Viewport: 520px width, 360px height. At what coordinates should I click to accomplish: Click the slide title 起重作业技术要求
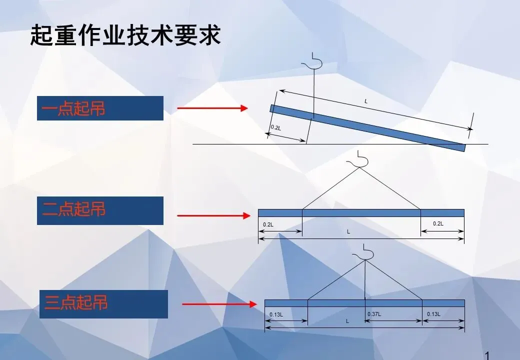(x=125, y=35)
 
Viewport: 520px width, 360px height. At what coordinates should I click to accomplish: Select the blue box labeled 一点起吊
(x=100, y=108)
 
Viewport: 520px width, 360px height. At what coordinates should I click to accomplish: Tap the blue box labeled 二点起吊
(x=100, y=210)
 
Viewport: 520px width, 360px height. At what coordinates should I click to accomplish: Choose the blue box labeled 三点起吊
(x=102, y=303)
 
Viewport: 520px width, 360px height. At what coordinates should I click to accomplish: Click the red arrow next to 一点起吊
(x=212, y=108)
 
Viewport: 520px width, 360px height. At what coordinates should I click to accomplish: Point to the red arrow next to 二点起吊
(x=213, y=215)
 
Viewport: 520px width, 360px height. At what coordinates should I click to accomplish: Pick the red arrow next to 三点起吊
(x=215, y=303)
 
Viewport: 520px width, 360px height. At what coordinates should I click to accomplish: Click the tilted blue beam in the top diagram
(x=367, y=127)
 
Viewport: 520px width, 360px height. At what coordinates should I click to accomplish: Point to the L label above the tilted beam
(x=366, y=101)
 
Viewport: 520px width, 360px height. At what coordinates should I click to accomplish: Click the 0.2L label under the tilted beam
(x=275, y=127)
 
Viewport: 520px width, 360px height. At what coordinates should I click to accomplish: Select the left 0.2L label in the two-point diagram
(x=268, y=224)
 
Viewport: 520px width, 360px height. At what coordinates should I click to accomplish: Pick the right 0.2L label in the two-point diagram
(x=438, y=223)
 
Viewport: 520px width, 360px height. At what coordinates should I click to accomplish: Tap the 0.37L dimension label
(x=374, y=314)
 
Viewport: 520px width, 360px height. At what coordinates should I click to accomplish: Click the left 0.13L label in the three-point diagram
(x=276, y=314)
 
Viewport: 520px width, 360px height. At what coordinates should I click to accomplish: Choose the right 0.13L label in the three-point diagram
(x=433, y=314)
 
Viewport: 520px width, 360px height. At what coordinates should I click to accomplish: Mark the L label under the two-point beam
(x=348, y=232)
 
